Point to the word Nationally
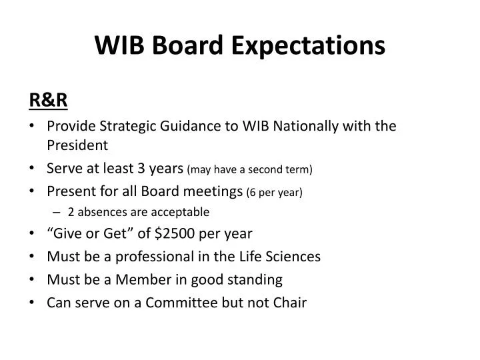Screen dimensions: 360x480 pyautogui.click(x=294, y=126)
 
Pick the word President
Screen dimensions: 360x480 pyautogui.click(x=77, y=145)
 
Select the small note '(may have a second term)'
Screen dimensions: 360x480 pyautogui.click(x=251, y=170)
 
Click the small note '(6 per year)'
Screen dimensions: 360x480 pyautogui.click(x=274, y=193)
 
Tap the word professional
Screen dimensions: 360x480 pyautogui.click(x=157, y=256)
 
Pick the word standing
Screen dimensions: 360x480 pyautogui.click(x=257, y=279)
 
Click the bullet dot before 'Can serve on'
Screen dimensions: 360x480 pyautogui.click(x=33, y=302)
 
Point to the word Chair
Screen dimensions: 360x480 pyautogui.click(x=291, y=302)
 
